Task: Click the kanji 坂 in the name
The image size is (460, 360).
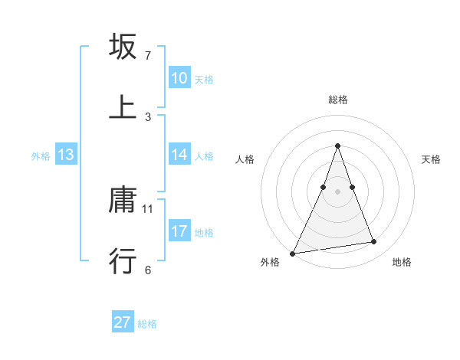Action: pos(123,47)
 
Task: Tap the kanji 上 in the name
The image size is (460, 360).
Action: pos(123,107)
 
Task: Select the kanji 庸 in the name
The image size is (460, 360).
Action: pos(123,201)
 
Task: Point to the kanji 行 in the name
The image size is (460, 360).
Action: pos(123,261)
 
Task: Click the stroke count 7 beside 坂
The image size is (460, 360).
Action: pos(148,56)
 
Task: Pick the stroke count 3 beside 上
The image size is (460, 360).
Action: pos(148,116)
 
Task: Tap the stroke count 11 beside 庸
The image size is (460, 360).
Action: pos(148,208)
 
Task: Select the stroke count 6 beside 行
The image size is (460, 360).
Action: pos(148,270)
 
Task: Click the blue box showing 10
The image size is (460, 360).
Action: pos(179,78)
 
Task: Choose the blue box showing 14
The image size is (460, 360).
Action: pos(179,155)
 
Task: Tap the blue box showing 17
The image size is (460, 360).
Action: pos(179,231)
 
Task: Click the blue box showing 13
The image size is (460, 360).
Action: pos(66,155)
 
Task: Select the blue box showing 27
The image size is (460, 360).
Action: pos(123,322)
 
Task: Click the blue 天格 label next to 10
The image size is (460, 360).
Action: pos(204,79)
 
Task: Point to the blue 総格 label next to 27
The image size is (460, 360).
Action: pos(147,323)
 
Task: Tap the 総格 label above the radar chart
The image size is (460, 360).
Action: pos(337,100)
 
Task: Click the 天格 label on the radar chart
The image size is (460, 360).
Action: pos(431,159)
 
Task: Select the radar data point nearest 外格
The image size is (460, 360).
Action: pos(293,253)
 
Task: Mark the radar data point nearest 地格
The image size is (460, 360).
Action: pos(374,242)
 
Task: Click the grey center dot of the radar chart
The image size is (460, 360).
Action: pos(337,191)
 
